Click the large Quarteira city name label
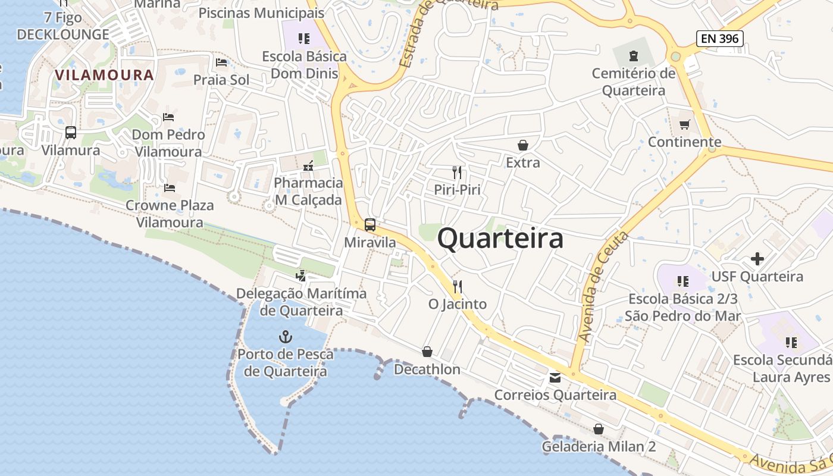click(x=500, y=239)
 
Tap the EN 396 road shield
click(x=720, y=39)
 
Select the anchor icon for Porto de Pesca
click(x=286, y=337)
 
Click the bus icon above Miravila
click(x=370, y=225)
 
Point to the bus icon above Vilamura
click(x=71, y=132)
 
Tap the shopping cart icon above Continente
click(x=685, y=124)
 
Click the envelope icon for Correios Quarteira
click(x=555, y=377)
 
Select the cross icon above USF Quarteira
click(x=757, y=259)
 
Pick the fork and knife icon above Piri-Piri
click(x=457, y=173)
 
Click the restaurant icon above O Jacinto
click(x=457, y=286)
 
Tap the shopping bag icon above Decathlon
click(x=427, y=352)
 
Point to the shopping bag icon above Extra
click(x=522, y=145)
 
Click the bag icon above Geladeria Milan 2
click(x=599, y=428)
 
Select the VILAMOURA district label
click(x=104, y=75)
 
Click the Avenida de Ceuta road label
click(x=603, y=287)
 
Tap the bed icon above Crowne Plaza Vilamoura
click(x=170, y=188)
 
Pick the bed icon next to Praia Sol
click(x=221, y=62)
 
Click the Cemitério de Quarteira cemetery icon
click(x=634, y=57)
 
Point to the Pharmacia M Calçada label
click(x=308, y=192)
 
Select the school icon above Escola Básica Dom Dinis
click(x=304, y=39)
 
